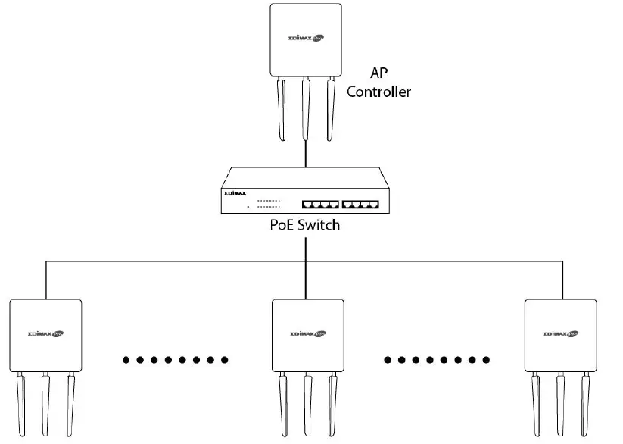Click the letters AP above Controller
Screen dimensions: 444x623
click(378, 73)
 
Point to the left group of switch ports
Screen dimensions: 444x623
click(319, 204)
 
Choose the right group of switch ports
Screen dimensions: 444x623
click(360, 204)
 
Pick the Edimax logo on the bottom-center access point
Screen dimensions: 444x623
click(307, 333)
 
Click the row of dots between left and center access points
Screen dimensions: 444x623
click(174, 359)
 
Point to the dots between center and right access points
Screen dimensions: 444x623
click(436, 359)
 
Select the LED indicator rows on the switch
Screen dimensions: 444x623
click(268, 204)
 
